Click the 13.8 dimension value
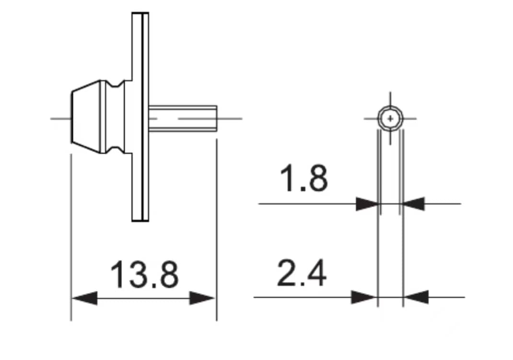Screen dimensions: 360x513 [144, 275]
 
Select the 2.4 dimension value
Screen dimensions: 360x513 [302, 274]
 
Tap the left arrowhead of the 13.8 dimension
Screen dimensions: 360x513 [84, 298]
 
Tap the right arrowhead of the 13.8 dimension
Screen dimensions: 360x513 [202, 298]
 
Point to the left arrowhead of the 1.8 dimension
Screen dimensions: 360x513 [367, 204]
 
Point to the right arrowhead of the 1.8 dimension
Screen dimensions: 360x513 [412, 204]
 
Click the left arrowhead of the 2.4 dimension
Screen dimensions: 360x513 [364, 297]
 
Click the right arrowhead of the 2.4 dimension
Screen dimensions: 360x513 [416, 297]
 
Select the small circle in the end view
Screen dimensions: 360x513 [390, 118]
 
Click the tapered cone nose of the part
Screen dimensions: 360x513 [86, 117]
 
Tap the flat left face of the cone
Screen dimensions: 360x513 [72, 117]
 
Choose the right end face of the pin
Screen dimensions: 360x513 [217, 118]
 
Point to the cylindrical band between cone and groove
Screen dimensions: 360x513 [105, 117]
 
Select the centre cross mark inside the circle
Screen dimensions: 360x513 [390, 118]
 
